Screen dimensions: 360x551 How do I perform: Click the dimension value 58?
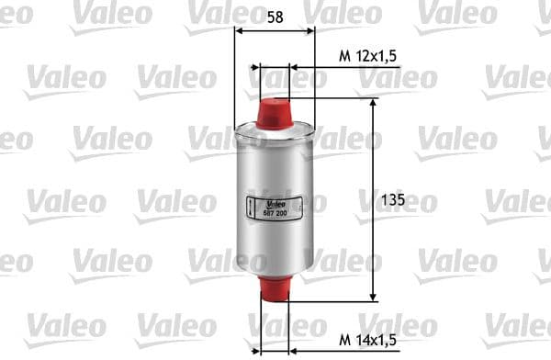coord(275,17)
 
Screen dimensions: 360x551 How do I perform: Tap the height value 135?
coord(392,199)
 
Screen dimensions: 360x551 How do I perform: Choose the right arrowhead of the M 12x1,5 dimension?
coord(295,67)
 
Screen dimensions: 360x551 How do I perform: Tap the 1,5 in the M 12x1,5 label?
coord(387,56)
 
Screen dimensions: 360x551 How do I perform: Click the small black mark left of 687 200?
coord(253,208)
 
